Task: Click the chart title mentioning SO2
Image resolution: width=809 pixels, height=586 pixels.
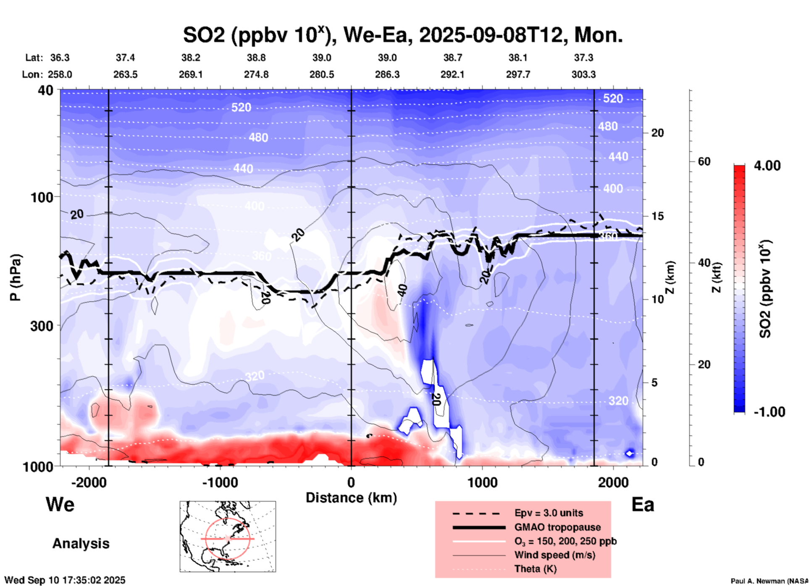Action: pos(402,35)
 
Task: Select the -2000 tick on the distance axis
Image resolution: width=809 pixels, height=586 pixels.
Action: pos(89,482)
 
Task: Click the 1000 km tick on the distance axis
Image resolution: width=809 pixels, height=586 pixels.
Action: pos(482,482)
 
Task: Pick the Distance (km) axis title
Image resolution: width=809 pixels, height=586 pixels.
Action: pos(351,498)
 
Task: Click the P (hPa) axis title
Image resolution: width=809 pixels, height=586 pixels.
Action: pos(16,277)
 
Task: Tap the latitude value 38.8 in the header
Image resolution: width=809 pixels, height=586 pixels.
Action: pos(256,58)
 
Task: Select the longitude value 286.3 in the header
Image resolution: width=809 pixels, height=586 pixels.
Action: pos(387,74)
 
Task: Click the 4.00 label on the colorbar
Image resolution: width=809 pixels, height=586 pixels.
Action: pos(767,166)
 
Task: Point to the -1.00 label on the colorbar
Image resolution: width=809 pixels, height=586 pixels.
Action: pos(769,412)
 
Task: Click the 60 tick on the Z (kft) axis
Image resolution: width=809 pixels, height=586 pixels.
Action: pos(704,161)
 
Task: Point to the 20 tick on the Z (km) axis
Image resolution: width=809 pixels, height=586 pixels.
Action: pos(657,133)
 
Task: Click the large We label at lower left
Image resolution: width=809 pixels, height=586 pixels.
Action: pos(60,504)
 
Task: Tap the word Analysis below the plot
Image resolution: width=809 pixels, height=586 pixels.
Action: pos(81,543)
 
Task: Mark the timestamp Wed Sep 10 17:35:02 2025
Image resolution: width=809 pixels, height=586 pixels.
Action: pos(65,580)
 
